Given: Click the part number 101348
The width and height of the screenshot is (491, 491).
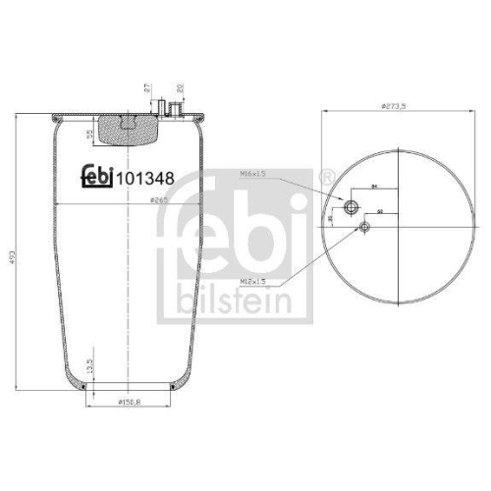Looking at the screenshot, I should (146, 179).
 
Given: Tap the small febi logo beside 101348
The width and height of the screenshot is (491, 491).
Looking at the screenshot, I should (96, 178).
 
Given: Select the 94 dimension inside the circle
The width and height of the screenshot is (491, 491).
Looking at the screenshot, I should (374, 184).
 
